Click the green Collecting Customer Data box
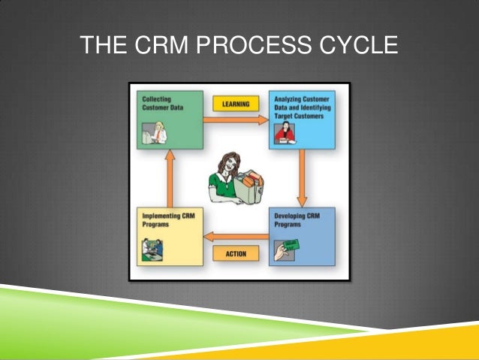(170, 119)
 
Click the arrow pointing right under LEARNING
(235, 119)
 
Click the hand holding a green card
(285, 251)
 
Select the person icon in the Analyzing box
(284, 134)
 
